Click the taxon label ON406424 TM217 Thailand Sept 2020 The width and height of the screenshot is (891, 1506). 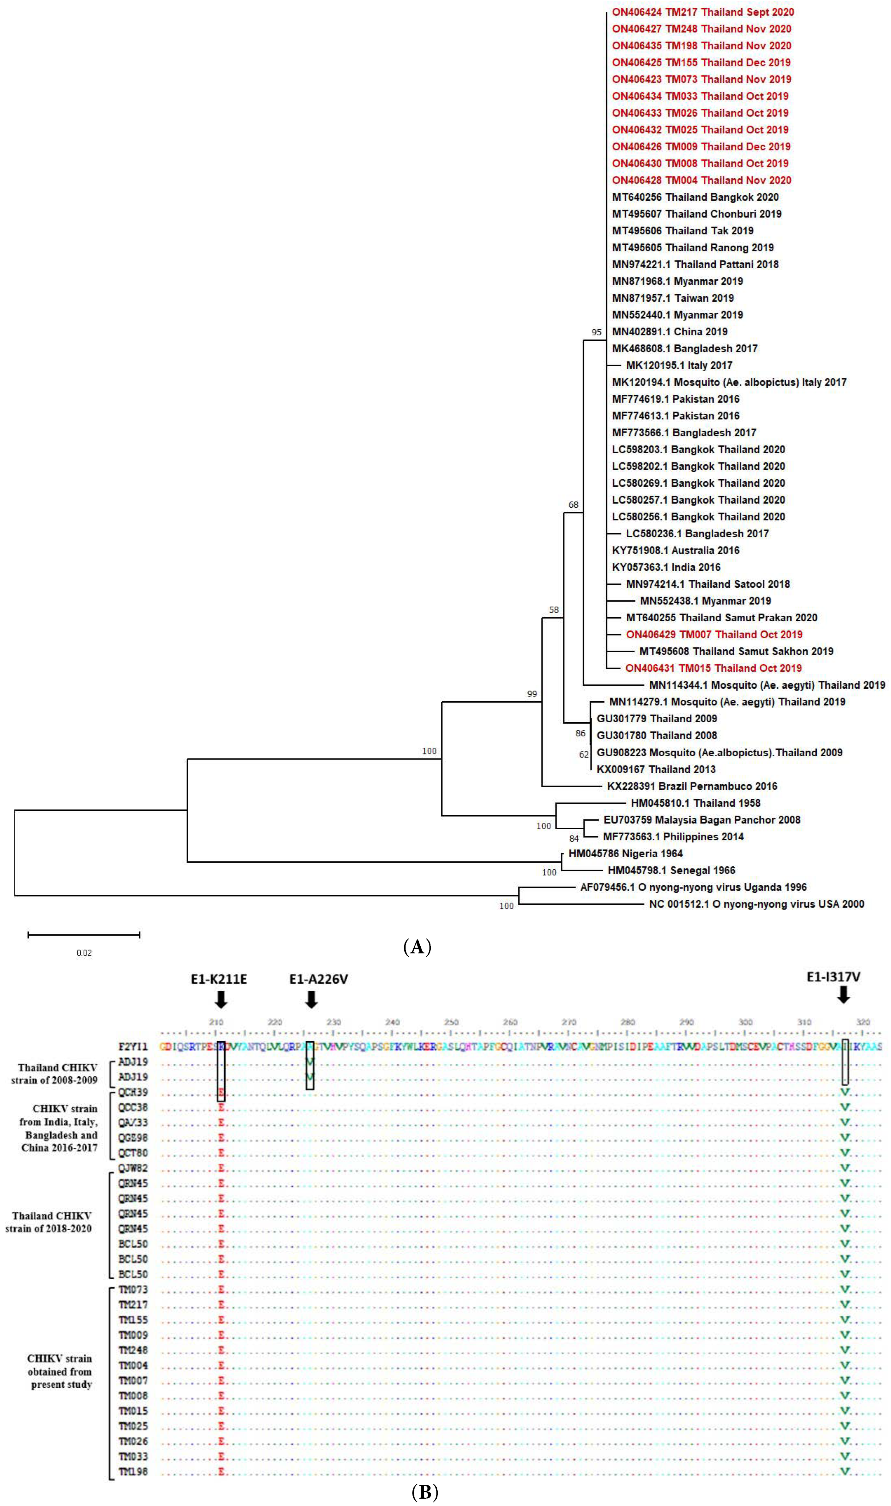[x=702, y=12]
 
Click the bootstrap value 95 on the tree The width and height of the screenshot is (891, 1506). [x=596, y=332]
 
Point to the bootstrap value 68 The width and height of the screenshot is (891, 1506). [x=573, y=504]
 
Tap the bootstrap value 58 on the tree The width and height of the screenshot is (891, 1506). [x=553, y=610]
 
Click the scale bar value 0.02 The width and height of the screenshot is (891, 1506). [x=84, y=953]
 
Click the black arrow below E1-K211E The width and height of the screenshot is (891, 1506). [x=221, y=999]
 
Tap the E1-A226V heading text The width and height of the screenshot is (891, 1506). [x=318, y=979]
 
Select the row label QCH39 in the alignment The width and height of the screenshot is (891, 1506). [x=133, y=1092]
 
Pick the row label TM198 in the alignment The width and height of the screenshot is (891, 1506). [x=133, y=1472]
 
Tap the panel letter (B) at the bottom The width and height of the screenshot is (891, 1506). [x=425, y=1493]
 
